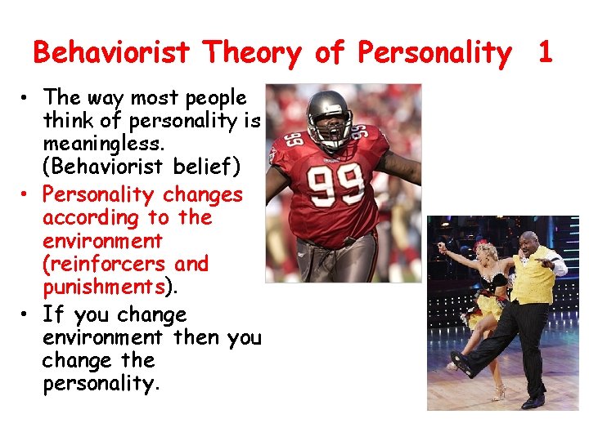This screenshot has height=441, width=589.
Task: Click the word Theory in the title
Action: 254,53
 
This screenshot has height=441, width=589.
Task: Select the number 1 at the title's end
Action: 545,53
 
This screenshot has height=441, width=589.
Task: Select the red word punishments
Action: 104,287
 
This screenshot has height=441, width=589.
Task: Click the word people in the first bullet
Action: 216,98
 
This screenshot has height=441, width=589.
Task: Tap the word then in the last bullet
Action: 194,336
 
